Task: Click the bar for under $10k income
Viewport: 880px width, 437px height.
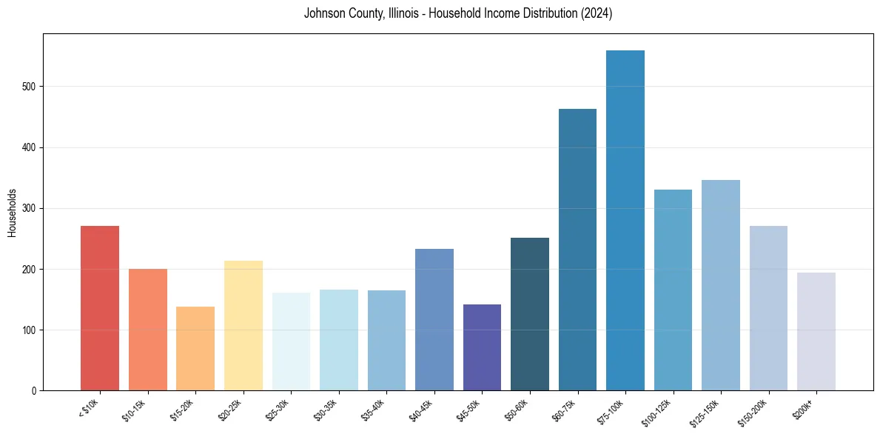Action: (x=100, y=308)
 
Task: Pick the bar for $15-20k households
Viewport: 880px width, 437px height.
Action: (x=195, y=349)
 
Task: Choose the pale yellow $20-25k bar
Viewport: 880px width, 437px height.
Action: (x=243, y=326)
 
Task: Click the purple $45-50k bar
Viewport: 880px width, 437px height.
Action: (x=482, y=347)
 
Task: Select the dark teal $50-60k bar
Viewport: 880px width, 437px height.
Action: (x=530, y=314)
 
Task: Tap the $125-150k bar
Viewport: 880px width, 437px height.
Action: (x=721, y=285)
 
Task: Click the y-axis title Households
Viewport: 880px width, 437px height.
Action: (x=12, y=213)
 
